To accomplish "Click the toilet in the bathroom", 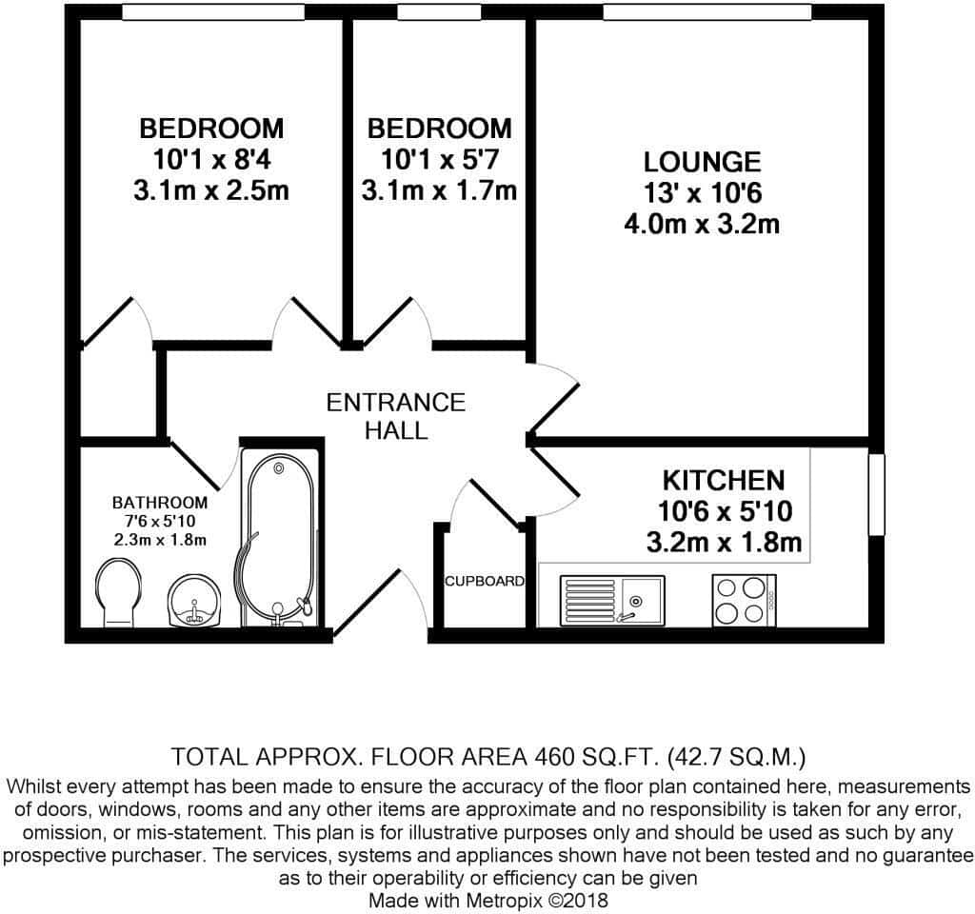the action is pos(119,591).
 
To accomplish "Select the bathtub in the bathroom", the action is pos(280,538).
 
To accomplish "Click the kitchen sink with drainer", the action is pos(612,600).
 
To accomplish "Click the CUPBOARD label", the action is pos(485,582).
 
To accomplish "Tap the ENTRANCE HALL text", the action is pos(396,416).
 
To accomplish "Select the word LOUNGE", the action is pos(702,162).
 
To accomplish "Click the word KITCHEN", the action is pos(724,481).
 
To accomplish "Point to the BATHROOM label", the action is pos(160,503).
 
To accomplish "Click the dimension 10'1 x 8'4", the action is pos(211,160).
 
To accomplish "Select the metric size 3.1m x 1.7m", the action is pos(440,190).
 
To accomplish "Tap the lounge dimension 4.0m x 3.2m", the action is pos(702,224).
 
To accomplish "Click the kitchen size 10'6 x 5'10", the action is pos(725,511).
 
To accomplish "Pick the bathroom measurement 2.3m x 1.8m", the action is pos(160,540).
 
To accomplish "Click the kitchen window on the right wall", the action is pos(877,494).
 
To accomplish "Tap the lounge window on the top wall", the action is pos(707,11).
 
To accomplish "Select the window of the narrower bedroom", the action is pos(439,11).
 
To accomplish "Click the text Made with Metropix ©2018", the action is pos(488,901).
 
